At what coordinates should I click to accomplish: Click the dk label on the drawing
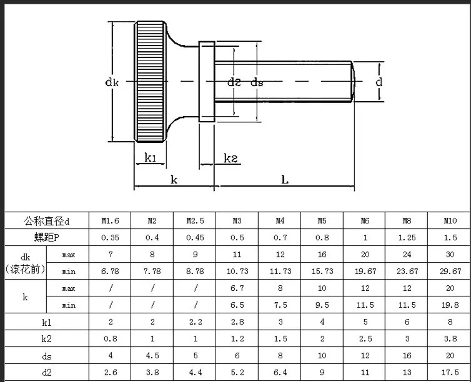click(x=112, y=81)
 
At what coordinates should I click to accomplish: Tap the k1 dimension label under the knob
click(x=150, y=157)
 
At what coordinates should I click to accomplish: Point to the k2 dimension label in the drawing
click(x=231, y=159)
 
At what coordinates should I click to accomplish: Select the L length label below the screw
click(x=284, y=180)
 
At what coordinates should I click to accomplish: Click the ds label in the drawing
click(x=257, y=82)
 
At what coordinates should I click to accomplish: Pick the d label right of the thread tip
click(x=379, y=82)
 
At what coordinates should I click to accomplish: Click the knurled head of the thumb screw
click(x=151, y=81)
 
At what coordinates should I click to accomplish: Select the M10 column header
click(x=450, y=220)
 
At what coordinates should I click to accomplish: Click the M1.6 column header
click(x=110, y=220)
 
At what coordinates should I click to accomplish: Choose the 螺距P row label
click(x=47, y=237)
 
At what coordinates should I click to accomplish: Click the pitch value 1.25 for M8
click(x=407, y=237)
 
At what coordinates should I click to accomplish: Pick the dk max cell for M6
click(x=364, y=255)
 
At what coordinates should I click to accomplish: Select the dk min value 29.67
click(x=450, y=271)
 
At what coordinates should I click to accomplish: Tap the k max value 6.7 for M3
click(x=237, y=288)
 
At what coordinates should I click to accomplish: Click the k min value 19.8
click(x=450, y=305)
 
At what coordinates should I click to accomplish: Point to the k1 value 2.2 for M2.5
click(x=195, y=322)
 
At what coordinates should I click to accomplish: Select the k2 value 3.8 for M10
click(x=450, y=339)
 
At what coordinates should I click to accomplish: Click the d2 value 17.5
click(x=450, y=373)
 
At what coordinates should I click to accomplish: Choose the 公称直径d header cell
click(x=47, y=220)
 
